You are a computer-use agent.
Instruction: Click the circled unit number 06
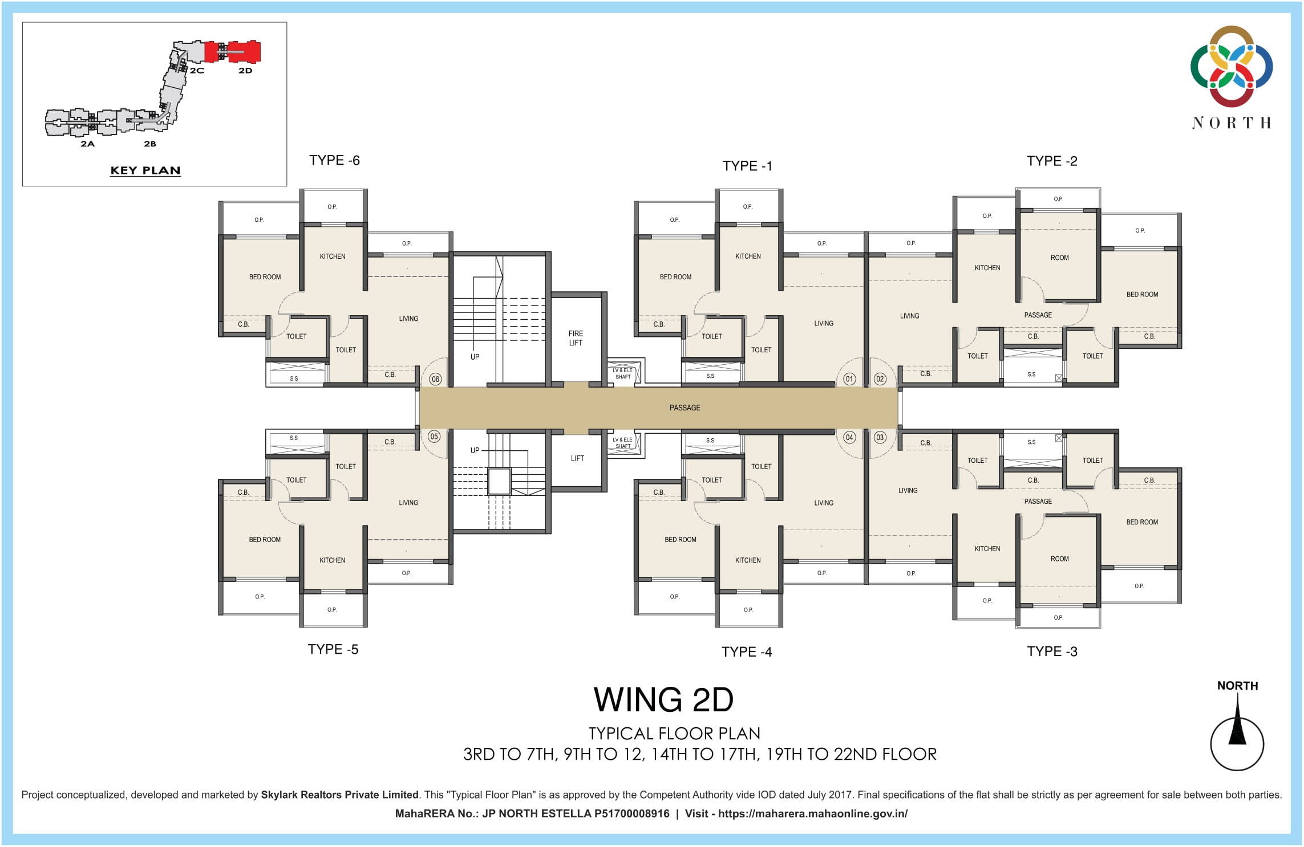(x=435, y=379)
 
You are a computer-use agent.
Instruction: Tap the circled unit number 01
(x=849, y=379)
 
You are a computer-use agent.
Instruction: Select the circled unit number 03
(x=880, y=438)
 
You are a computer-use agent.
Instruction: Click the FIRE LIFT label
(x=576, y=338)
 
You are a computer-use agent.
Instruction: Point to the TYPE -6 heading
(x=334, y=161)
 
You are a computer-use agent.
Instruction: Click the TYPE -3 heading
(x=1052, y=651)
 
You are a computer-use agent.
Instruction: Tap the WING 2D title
(x=663, y=700)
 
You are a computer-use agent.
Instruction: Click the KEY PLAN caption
(x=145, y=170)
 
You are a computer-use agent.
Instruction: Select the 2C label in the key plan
(x=197, y=71)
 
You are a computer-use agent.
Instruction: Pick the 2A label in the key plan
(x=87, y=144)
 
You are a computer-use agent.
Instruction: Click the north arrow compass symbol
(x=1237, y=735)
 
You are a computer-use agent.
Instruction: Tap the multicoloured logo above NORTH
(x=1231, y=66)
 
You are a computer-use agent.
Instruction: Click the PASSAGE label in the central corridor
(x=685, y=408)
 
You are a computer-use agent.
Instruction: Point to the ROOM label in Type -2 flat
(x=1059, y=258)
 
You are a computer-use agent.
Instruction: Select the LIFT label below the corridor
(x=577, y=458)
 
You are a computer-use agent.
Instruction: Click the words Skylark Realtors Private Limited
(x=339, y=795)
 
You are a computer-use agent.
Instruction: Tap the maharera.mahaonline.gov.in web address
(x=812, y=814)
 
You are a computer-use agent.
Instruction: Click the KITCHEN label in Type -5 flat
(x=332, y=560)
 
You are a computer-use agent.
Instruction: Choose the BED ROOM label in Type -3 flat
(x=1142, y=522)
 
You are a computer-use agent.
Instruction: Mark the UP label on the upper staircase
(x=475, y=357)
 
